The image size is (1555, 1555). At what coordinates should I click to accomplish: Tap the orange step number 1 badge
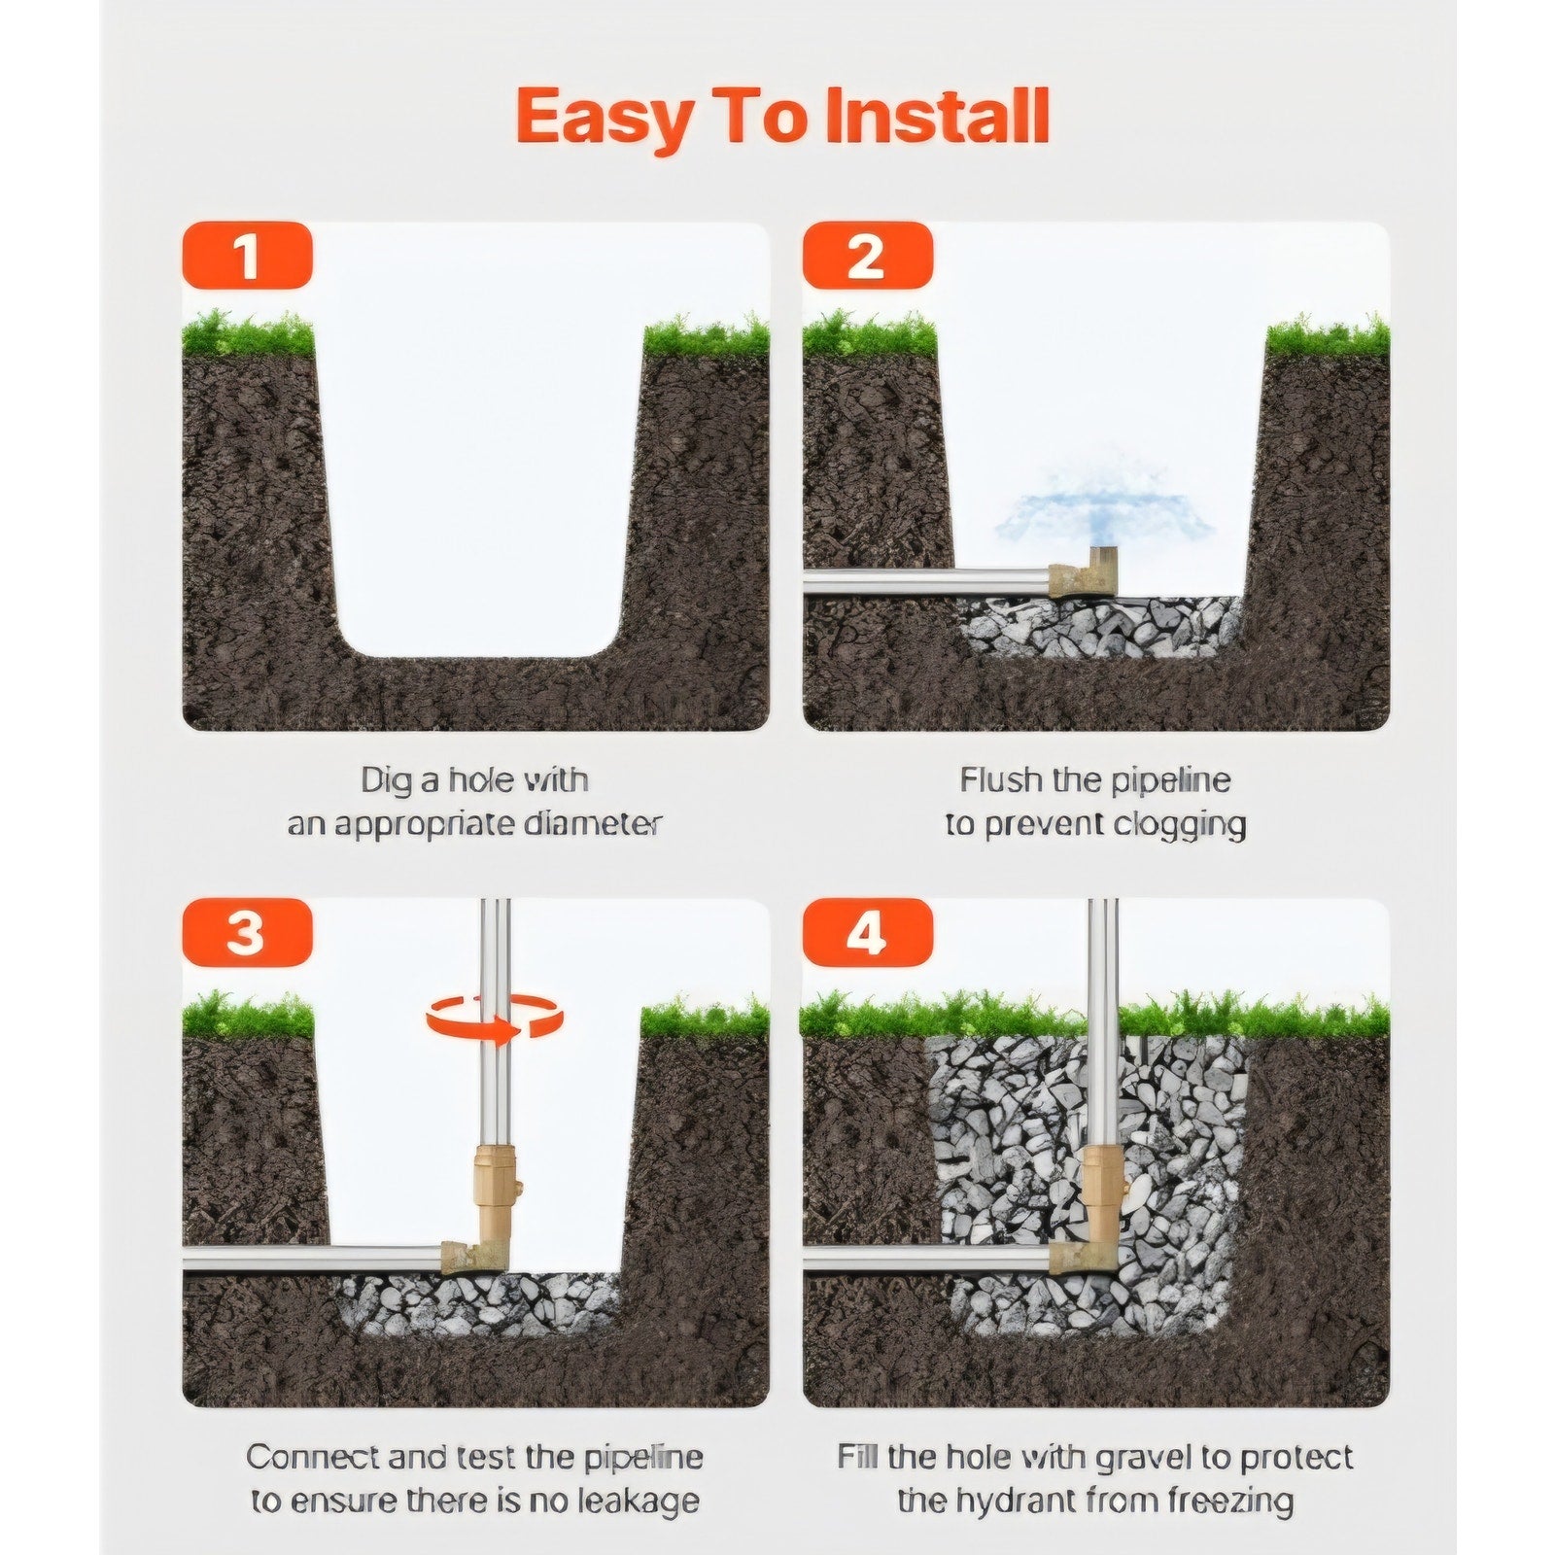coord(247,256)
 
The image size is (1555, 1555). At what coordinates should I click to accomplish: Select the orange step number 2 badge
coord(867,256)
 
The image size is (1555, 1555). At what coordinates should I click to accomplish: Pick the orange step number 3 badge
coord(247,933)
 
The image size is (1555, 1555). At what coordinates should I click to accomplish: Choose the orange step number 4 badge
coord(867,933)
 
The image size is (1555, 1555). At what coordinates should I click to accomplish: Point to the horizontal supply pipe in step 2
coord(927,581)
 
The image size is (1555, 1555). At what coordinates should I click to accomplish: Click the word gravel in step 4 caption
coord(1133,1458)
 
